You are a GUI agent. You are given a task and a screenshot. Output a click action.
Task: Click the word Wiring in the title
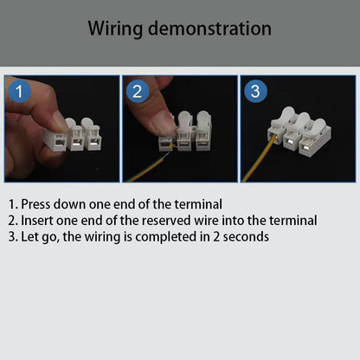[x=115, y=29]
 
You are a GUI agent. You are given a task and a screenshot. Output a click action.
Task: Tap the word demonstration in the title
[x=209, y=29]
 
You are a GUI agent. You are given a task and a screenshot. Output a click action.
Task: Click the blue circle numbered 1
[x=19, y=92]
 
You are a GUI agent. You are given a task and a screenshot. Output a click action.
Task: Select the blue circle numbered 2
[x=138, y=92]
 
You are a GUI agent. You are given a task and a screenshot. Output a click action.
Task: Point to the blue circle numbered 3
[x=255, y=92]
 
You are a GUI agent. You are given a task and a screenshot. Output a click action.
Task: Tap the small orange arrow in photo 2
[x=172, y=146]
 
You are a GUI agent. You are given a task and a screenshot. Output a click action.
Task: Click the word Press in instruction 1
[x=35, y=204]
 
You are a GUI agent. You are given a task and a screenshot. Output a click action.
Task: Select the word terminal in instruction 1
[x=198, y=204]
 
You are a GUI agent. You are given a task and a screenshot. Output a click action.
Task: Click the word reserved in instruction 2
[x=166, y=221]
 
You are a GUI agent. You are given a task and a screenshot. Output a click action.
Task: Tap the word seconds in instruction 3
[x=246, y=237]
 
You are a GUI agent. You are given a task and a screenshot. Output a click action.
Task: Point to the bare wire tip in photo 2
[x=165, y=156]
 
